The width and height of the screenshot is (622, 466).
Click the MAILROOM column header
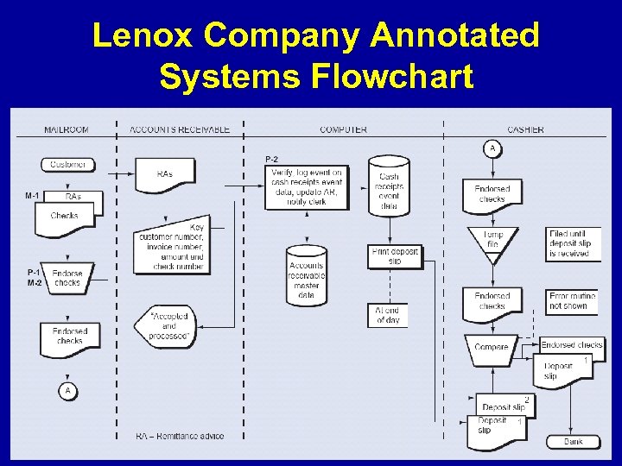coord(67,129)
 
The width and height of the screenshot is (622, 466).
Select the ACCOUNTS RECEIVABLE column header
coord(180,129)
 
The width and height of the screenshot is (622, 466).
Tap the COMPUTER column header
coord(343,129)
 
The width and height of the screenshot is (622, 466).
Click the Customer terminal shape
coord(67,164)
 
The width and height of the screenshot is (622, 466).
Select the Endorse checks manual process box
coord(67,277)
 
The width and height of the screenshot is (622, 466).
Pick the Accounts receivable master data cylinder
coord(307,275)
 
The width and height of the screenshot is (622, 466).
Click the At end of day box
coord(387,315)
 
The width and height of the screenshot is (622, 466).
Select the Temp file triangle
coord(492,239)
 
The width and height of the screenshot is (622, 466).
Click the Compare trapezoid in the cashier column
coord(492,347)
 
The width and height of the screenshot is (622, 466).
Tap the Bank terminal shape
coord(573,442)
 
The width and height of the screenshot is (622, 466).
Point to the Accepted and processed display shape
coord(168,326)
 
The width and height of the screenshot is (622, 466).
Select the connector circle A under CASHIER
coord(492,148)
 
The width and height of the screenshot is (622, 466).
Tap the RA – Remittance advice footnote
coord(179,436)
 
